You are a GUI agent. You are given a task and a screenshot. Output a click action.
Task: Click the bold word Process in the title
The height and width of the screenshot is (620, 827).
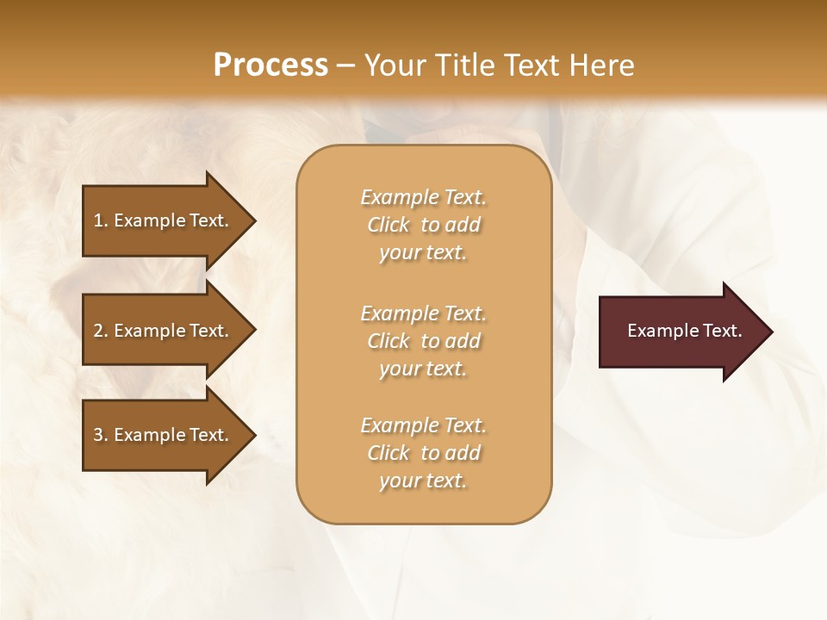click(x=270, y=65)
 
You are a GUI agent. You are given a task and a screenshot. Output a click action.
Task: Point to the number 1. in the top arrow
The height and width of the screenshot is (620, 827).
click(x=101, y=220)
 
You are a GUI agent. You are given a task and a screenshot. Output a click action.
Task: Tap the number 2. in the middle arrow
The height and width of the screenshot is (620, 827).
click(x=101, y=331)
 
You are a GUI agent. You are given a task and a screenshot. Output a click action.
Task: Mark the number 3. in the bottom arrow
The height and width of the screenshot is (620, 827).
click(x=101, y=435)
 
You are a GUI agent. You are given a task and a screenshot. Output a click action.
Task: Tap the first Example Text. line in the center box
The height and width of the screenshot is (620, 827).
click(x=423, y=197)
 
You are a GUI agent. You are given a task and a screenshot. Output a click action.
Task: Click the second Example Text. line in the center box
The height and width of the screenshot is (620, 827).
click(x=423, y=313)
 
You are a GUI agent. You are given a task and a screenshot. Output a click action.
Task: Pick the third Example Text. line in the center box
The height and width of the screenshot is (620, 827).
click(x=423, y=425)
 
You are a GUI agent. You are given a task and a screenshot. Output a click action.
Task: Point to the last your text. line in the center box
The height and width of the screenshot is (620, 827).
click(x=423, y=480)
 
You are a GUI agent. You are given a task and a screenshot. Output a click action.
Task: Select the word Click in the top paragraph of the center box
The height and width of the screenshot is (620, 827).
click(x=388, y=225)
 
